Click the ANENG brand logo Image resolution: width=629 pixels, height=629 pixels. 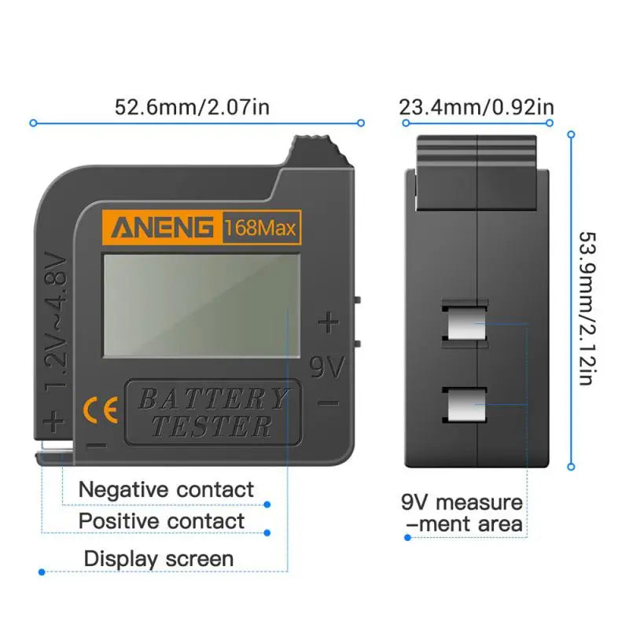[x=162, y=228]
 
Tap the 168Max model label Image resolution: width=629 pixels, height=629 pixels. [x=260, y=229]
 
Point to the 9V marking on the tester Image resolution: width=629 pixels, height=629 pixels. [x=327, y=367]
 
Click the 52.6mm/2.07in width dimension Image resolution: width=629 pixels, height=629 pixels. [x=193, y=107]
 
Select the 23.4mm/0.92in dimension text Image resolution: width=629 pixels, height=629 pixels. [x=476, y=107]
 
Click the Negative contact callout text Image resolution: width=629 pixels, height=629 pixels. [x=166, y=489]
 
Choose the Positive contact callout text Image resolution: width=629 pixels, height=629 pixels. [x=161, y=520]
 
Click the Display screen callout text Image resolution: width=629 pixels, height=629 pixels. [x=159, y=559]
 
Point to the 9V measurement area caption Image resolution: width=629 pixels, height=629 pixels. [x=462, y=513]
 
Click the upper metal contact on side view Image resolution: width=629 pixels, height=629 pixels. [x=465, y=323]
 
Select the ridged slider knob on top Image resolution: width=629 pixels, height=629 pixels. [x=317, y=151]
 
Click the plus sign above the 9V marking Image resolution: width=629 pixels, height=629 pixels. [x=328, y=322]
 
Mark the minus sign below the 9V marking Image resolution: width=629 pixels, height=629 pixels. [x=329, y=403]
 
